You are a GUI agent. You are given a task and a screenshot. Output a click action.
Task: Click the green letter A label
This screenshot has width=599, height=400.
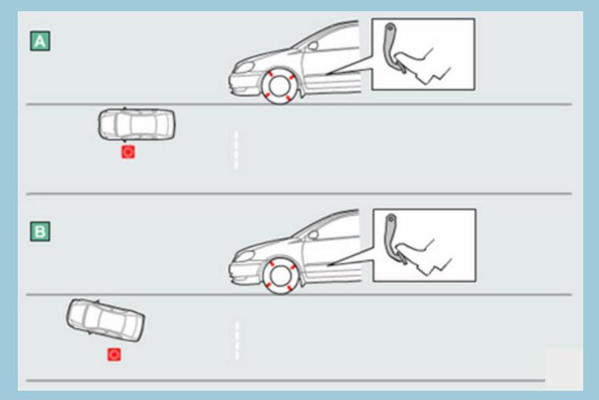tap(40, 41)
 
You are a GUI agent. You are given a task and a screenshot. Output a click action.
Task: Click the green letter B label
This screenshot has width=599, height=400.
tap(40, 232)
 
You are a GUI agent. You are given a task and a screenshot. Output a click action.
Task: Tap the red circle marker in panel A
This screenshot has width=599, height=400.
tap(128, 152)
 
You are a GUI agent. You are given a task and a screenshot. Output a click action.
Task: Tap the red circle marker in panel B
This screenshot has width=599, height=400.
tap(114, 355)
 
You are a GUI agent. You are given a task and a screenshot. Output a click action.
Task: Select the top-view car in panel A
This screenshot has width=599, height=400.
tap(137, 124)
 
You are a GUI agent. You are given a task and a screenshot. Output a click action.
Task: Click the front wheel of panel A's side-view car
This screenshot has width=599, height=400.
tap(280, 86)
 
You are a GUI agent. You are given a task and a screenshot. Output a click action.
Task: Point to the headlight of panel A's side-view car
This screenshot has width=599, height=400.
tap(245, 67)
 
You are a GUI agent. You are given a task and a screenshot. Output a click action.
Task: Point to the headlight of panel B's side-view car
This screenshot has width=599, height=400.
tap(245, 255)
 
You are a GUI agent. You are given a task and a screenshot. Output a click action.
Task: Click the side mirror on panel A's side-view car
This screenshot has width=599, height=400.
tap(313, 46)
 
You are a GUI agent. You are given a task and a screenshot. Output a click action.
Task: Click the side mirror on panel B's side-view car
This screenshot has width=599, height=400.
tap(313, 235)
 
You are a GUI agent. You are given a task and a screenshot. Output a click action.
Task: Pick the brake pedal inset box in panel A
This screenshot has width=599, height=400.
tap(423, 55)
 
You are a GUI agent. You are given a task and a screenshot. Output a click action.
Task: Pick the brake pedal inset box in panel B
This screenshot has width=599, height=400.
tap(424, 245)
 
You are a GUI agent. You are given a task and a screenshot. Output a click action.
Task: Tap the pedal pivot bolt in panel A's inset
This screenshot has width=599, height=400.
tap(390, 28)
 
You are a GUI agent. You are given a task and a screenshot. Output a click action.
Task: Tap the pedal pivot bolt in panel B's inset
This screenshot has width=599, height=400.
tap(391, 219)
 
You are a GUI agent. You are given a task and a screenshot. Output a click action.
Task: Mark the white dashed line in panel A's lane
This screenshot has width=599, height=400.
tap(236, 150)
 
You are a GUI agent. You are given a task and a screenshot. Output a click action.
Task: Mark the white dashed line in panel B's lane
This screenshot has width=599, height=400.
tap(237, 341)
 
